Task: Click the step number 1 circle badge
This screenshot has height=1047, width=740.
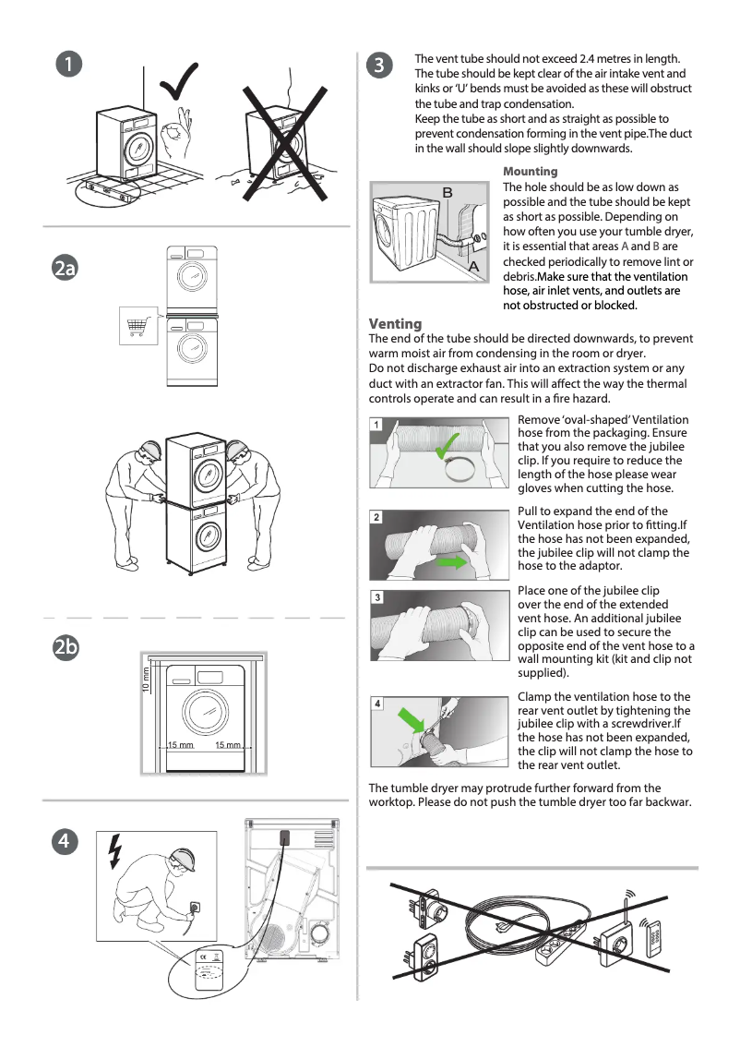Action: (68, 64)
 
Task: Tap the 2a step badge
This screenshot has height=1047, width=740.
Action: (65, 269)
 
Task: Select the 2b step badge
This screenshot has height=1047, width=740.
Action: (65, 649)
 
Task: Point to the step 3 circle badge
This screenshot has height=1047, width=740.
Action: (380, 64)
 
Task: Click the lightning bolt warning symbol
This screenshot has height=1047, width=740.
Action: (114, 851)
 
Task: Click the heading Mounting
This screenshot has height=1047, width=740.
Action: (530, 172)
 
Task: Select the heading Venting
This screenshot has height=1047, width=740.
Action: (395, 323)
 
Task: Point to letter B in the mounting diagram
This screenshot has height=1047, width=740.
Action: (448, 192)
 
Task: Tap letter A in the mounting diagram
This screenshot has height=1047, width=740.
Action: (474, 265)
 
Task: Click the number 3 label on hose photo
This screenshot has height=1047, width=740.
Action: (377, 598)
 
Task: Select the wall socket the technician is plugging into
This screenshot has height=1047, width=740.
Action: (196, 909)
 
